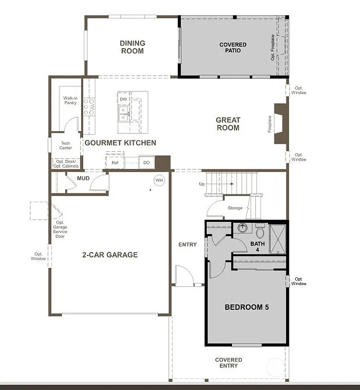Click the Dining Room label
133,47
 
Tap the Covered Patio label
233,48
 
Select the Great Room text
228,124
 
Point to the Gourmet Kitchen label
120,143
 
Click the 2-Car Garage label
110,255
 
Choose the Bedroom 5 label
247,307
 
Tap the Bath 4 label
257,247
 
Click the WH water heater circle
159,180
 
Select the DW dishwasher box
123,100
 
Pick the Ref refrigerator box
115,162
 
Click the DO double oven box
146,162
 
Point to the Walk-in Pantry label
70,100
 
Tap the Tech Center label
66,146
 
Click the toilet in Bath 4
260,233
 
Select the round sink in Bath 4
242,228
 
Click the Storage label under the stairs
235,208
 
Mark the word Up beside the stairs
202,184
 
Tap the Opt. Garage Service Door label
60,230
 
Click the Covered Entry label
228,363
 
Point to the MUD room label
83,179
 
